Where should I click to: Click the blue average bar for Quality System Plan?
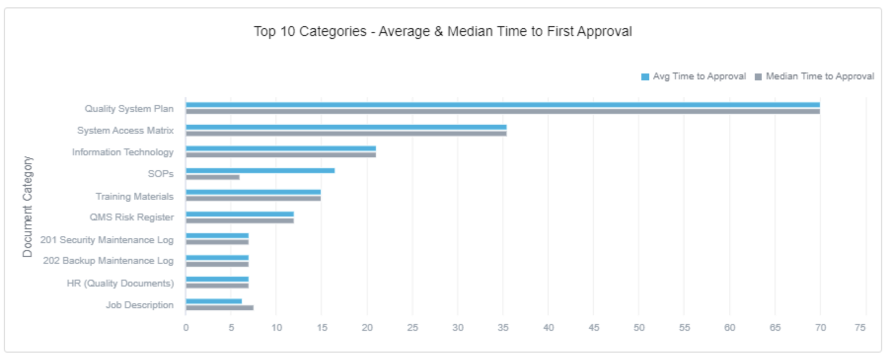coord(502,105)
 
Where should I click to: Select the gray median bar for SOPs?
coord(213,177)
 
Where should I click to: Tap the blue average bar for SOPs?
coord(260,171)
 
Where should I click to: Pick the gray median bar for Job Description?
coord(220,308)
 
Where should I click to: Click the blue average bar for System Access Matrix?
coord(346,127)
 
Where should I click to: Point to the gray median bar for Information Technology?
coord(281,155)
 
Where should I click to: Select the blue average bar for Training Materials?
coord(253,192)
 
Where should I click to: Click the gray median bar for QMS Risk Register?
coord(240,220)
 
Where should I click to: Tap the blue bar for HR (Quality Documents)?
coord(217,279)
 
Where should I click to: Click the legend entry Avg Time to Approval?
coord(694,76)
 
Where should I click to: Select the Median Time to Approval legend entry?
coord(815,76)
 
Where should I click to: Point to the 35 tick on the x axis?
coord(503,327)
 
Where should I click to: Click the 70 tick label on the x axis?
coord(820,327)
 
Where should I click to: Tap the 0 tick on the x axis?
coord(186,327)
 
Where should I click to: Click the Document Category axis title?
coord(27,207)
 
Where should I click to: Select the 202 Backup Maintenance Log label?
coord(108,260)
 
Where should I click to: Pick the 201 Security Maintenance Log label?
coord(107,240)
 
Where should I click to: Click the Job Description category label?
coord(140,305)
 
